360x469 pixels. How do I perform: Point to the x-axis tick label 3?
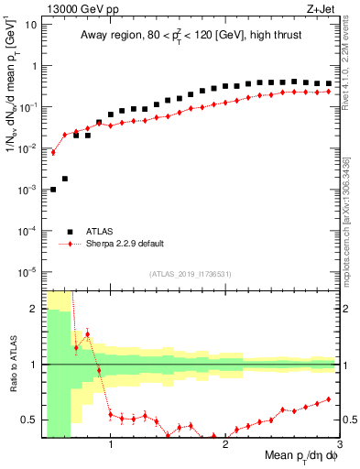click(x=340, y=446)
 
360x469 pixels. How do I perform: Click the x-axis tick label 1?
click(x=111, y=446)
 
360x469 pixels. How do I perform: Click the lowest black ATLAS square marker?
click(x=53, y=189)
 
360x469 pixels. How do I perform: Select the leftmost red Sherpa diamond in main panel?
click(x=53, y=152)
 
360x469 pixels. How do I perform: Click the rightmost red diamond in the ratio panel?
click(x=328, y=399)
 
